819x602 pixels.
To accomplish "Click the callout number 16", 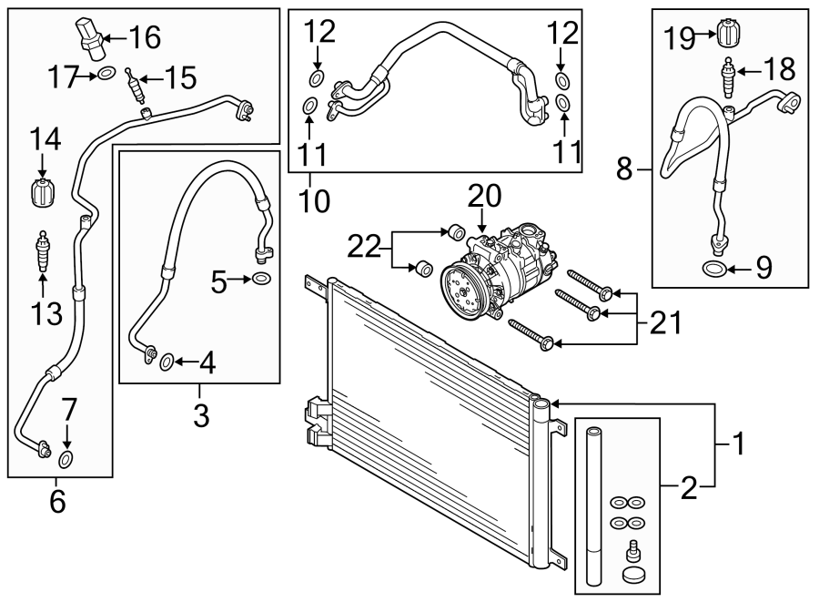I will pos(145,38).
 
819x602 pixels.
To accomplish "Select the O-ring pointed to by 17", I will pos(106,74).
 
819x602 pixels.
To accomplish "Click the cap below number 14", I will pos(41,193).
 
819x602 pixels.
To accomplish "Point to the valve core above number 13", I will pos(41,254).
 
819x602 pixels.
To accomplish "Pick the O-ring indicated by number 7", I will pos(66,456).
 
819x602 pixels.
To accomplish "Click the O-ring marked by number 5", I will pos(261,279).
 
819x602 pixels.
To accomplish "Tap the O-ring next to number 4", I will pos(167,363).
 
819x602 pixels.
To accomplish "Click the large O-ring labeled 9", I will pos(715,268).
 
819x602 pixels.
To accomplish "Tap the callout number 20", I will pos(485,197).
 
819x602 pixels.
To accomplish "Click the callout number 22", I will pos(365,246).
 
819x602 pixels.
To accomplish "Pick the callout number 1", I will pos(739,444).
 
